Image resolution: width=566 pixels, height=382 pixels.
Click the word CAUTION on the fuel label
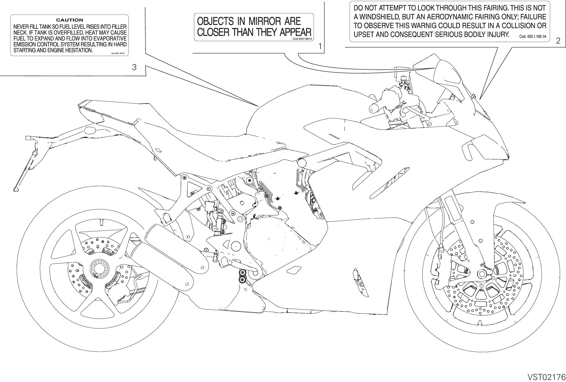point(70,20)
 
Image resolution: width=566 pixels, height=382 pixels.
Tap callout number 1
point(320,46)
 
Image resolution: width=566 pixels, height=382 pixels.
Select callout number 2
point(558,41)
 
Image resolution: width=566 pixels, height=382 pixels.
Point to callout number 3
point(134,67)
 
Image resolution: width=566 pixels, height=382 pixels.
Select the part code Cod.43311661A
point(302,39)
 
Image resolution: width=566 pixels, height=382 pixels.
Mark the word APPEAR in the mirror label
point(296,32)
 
